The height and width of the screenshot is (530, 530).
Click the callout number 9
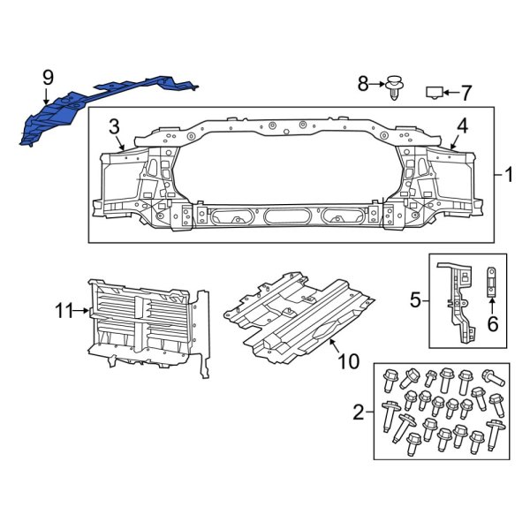(47, 79)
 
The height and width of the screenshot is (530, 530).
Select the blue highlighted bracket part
(106, 99)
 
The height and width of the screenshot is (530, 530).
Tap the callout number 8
(362, 84)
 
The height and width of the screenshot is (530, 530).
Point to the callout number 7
(467, 91)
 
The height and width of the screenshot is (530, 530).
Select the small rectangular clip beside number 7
(434, 91)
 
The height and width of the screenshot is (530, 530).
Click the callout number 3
(115, 125)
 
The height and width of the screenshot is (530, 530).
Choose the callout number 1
(508, 174)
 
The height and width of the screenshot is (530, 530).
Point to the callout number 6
(493, 324)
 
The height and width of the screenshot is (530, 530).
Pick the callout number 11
(63, 310)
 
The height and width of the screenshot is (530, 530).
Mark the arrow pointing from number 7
(450, 91)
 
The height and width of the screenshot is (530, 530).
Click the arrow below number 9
(47, 99)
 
